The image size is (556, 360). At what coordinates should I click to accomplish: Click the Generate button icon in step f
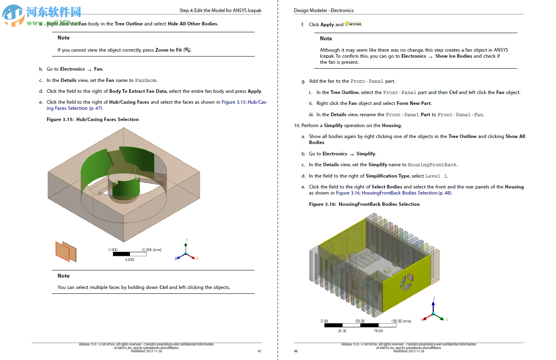(x=353, y=24)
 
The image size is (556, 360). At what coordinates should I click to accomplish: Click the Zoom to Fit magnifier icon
(x=186, y=50)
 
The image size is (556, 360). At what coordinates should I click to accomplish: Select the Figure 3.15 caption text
(x=92, y=119)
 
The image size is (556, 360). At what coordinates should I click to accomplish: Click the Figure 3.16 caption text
(x=364, y=204)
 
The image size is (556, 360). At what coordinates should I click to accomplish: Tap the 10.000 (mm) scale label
(x=151, y=250)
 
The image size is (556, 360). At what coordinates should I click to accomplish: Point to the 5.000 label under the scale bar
(x=130, y=260)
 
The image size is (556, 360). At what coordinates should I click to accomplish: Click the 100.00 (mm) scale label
(x=401, y=321)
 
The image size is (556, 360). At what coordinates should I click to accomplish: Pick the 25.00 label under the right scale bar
(x=342, y=331)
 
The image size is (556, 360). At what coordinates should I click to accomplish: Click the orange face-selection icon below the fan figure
(x=66, y=251)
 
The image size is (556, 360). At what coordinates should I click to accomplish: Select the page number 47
(x=259, y=351)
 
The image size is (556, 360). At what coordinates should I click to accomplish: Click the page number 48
(x=296, y=351)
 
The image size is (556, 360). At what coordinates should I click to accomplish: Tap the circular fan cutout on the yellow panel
(x=406, y=281)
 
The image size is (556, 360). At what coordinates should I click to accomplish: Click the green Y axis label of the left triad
(x=186, y=240)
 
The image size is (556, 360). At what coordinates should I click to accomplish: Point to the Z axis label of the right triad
(x=434, y=299)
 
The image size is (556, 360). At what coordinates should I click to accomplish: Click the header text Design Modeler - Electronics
(x=324, y=10)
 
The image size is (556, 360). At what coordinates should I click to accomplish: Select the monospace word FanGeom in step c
(x=146, y=80)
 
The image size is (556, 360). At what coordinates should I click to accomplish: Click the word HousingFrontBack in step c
(x=432, y=165)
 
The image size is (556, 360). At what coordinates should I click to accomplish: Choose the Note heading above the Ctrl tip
(x=63, y=276)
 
